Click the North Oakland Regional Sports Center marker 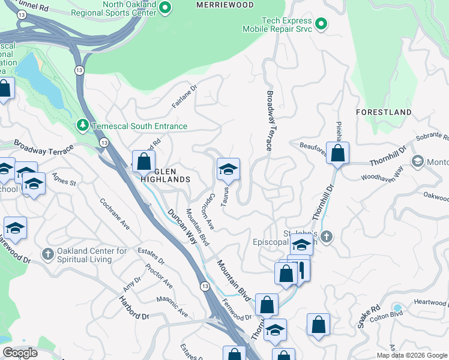(165, 8)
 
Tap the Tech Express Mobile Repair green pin (321, 24)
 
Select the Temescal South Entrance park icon (82, 125)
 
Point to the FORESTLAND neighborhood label (384, 112)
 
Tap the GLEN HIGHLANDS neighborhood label (165, 175)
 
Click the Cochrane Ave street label (115, 214)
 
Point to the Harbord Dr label (133, 307)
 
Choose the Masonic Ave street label (172, 306)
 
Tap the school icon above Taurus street (228, 170)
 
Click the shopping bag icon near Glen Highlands (143, 161)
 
